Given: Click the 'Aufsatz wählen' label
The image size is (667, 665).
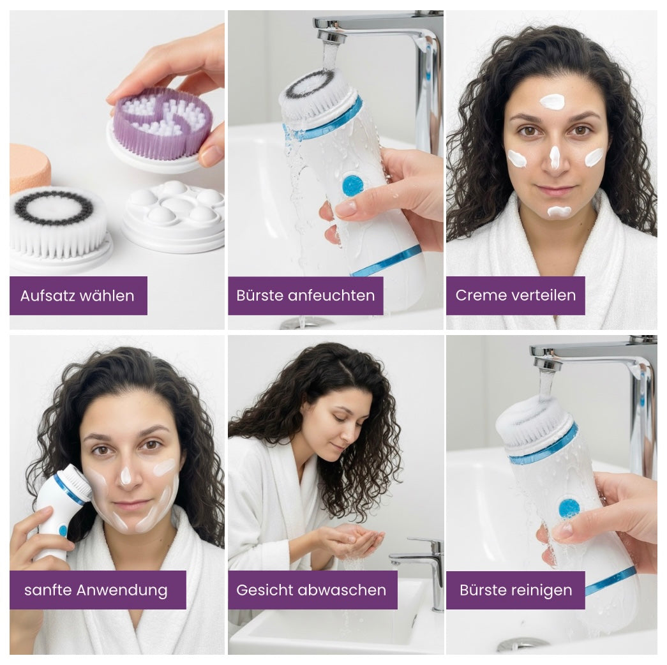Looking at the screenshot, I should [77, 295].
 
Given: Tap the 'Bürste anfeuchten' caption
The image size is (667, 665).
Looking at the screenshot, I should [305, 295].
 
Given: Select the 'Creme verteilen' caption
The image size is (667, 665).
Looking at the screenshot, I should [515, 295].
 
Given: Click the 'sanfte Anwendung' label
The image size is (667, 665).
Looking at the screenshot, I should [96, 590].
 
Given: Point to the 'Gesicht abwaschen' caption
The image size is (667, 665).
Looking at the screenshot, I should [311, 590].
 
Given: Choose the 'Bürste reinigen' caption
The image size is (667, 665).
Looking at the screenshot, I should [515, 590].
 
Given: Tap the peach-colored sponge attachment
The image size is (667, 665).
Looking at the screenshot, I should [28, 167].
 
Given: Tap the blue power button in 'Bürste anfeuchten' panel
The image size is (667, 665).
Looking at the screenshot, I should [352, 185].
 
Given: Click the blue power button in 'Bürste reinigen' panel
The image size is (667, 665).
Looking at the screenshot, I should [569, 508].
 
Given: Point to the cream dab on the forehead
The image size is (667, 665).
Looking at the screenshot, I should [552, 101].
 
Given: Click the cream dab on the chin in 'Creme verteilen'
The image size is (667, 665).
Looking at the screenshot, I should [559, 211].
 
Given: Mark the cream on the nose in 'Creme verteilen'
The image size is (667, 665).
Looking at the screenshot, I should [555, 157].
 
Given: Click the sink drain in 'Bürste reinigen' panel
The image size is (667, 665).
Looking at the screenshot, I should [522, 644].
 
